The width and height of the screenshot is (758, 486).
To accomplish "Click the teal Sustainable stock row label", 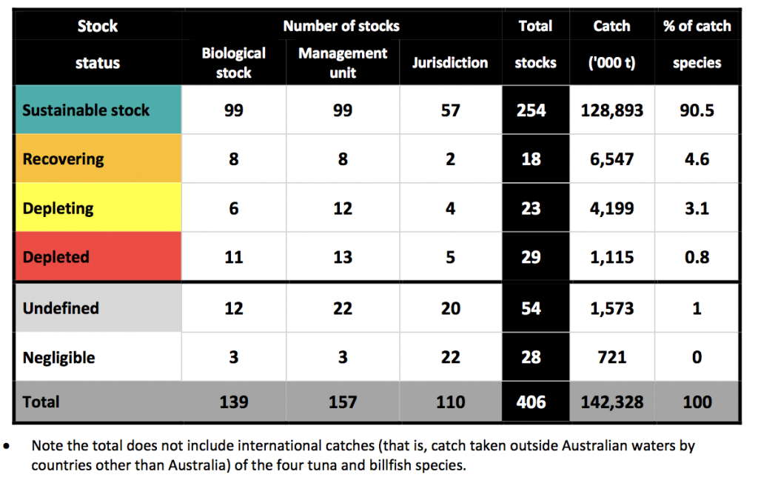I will pos(86,110).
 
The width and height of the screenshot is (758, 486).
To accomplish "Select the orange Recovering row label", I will pos(64,159).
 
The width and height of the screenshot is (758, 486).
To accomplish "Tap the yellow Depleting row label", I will pos(58,208).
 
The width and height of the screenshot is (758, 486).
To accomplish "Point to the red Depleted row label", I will pos(56,257).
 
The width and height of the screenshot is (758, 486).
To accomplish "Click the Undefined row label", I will pos(61,308).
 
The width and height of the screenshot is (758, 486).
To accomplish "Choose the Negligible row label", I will pos(59,357).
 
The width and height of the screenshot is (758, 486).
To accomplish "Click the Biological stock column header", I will pos(233,63).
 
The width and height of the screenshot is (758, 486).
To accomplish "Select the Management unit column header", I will pos(342,63).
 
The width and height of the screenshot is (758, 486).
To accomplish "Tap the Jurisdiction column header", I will pos(450,63).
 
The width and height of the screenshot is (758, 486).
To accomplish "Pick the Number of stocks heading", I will pos(341,26).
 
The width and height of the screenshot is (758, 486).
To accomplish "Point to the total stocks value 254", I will pos(531,110).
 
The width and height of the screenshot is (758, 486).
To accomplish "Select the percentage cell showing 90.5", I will pos(697,110).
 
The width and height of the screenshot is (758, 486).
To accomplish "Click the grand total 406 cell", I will pos(531,402).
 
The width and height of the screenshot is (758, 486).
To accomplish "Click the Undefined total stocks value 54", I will pos(531,308).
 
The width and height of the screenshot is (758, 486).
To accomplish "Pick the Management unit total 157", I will pos(342,402).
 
